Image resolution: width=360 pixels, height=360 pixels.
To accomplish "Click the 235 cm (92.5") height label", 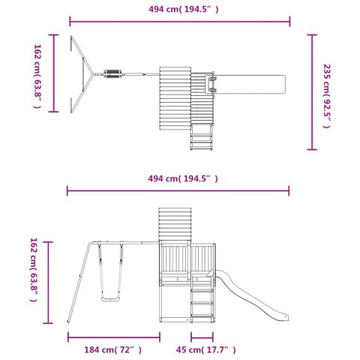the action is (x=327, y=96).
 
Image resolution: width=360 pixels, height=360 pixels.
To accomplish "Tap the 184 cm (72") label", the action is (x=112, y=349).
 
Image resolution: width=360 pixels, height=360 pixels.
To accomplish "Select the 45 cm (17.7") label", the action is (x=205, y=349).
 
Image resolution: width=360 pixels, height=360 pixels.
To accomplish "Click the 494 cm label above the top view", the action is (x=184, y=9).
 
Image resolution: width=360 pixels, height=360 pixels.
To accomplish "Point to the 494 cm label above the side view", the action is (x=183, y=178).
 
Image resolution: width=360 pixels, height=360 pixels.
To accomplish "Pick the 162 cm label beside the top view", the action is (x=37, y=76).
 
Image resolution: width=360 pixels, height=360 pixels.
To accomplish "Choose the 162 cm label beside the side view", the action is (x=34, y=270).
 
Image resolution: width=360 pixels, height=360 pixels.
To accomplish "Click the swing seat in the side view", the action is (x=110, y=299).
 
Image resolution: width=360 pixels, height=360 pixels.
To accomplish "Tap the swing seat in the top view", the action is (x=112, y=73).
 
